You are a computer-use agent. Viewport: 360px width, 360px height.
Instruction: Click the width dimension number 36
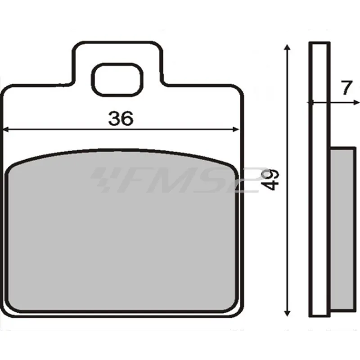coord(121,118)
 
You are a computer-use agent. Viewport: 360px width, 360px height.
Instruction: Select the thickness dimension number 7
coord(345,88)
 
